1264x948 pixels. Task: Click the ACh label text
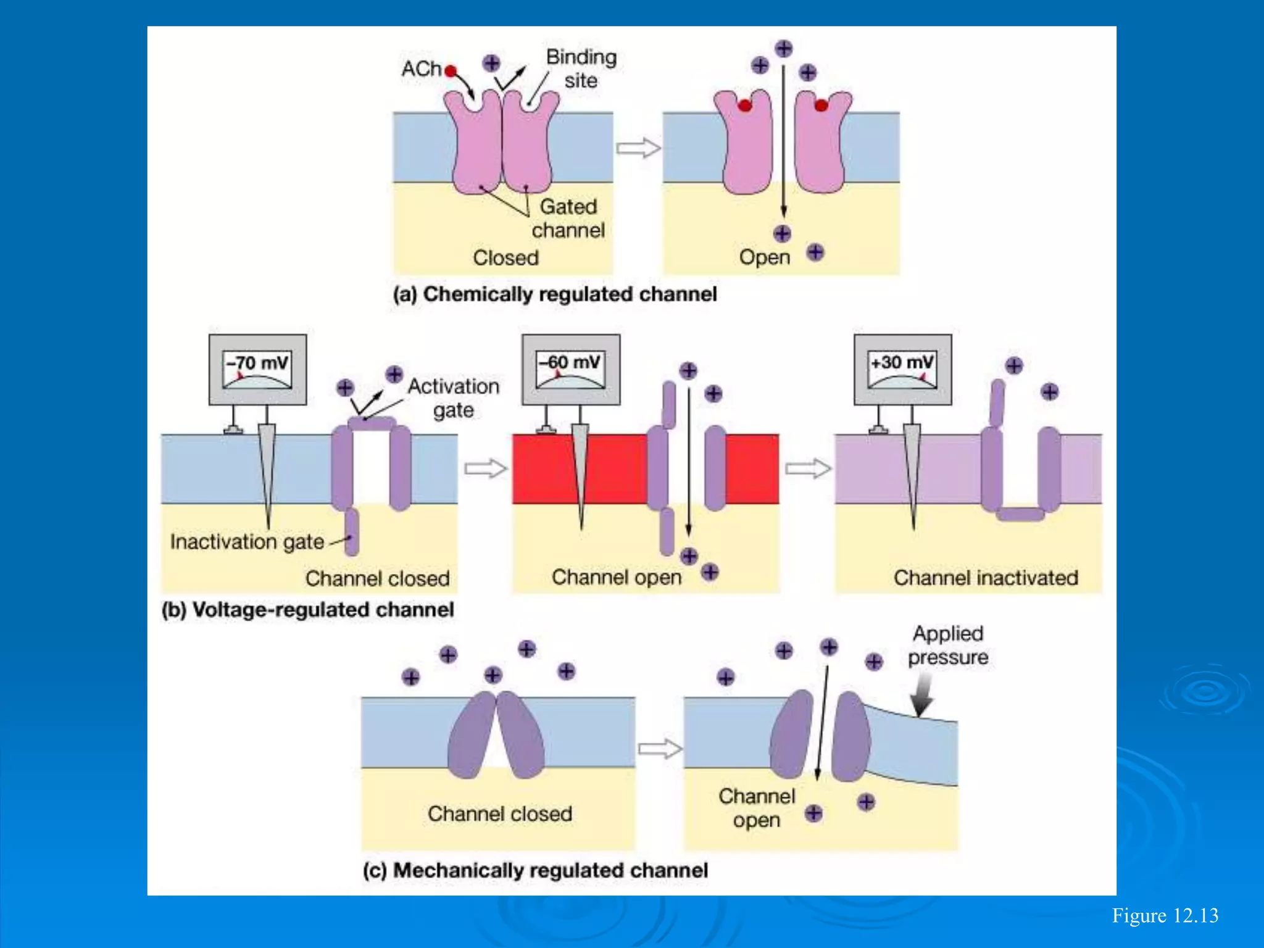421,69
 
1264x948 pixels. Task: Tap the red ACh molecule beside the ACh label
451,71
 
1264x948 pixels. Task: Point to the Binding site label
581,69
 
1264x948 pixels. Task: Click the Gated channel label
568,218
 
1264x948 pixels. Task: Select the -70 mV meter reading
257,363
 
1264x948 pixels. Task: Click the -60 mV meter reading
570,362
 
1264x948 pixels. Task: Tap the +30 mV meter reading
902,362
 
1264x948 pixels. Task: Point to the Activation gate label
454,398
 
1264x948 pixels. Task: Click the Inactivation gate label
247,542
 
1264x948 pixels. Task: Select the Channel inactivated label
985,578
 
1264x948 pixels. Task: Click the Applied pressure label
948,646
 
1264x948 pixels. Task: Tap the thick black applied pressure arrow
923,696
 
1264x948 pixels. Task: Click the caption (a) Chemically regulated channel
555,294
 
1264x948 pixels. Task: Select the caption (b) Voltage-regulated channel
307,610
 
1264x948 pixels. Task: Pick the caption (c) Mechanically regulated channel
535,870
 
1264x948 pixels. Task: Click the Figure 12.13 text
1165,915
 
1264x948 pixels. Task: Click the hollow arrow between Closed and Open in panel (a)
638,148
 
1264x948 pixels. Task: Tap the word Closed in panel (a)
505,257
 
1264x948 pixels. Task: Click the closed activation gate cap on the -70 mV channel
372,423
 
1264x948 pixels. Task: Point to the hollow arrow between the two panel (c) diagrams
659,749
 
